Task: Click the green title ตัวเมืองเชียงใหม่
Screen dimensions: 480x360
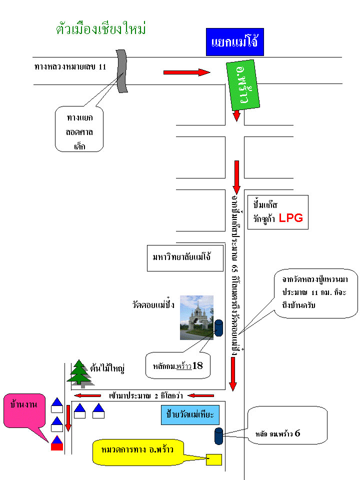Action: tap(101, 28)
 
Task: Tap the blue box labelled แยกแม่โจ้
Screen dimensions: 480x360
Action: tap(234, 42)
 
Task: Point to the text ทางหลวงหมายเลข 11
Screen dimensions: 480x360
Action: tap(70, 66)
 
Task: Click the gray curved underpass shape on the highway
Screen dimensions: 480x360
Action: tap(121, 71)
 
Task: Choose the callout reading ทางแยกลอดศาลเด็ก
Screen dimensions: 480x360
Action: tap(79, 128)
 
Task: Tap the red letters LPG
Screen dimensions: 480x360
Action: tap(290, 218)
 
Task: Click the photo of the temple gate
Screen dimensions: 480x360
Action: tap(196, 317)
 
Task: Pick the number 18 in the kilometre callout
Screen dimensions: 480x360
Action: tap(197, 365)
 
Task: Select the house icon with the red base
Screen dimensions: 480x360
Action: tap(57, 443)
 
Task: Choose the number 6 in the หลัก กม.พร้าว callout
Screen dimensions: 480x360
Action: tap(297, 433)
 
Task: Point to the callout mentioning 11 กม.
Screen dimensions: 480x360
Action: tap(316, 295)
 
